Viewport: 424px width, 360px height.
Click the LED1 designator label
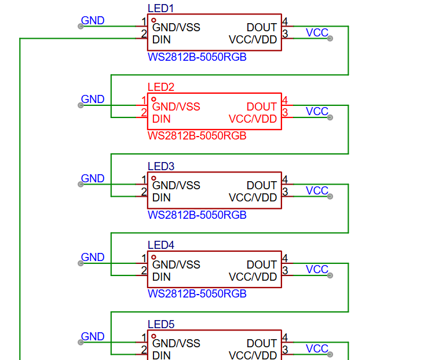point(160,8)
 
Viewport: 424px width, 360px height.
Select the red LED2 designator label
point(160,87)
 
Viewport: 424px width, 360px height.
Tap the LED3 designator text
point(160,166)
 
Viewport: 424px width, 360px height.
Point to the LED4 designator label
point(160,245)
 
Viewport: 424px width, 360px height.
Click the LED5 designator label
point(160,324)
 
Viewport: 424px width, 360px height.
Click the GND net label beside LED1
point(93,21)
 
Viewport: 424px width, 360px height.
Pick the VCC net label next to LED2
point(317,112)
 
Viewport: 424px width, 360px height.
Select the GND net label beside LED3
point(93,179)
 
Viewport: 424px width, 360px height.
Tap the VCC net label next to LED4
point(317,270)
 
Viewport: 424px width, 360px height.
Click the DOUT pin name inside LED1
point(262,27)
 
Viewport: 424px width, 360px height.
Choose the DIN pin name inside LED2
point(162,119)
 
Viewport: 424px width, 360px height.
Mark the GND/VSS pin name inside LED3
point(176,185)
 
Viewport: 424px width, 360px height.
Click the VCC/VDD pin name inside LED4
point(253,277)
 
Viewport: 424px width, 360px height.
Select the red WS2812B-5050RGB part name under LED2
point(197,136)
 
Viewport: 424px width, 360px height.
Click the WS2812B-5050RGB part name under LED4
point(197,294)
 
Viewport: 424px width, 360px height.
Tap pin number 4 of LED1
point(285,22)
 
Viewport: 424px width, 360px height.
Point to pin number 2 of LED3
point(144,192)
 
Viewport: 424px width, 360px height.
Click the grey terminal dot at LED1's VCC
point(330,38)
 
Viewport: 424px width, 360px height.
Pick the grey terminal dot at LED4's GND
point(81,263)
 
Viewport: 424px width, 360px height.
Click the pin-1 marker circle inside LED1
point(153,20)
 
